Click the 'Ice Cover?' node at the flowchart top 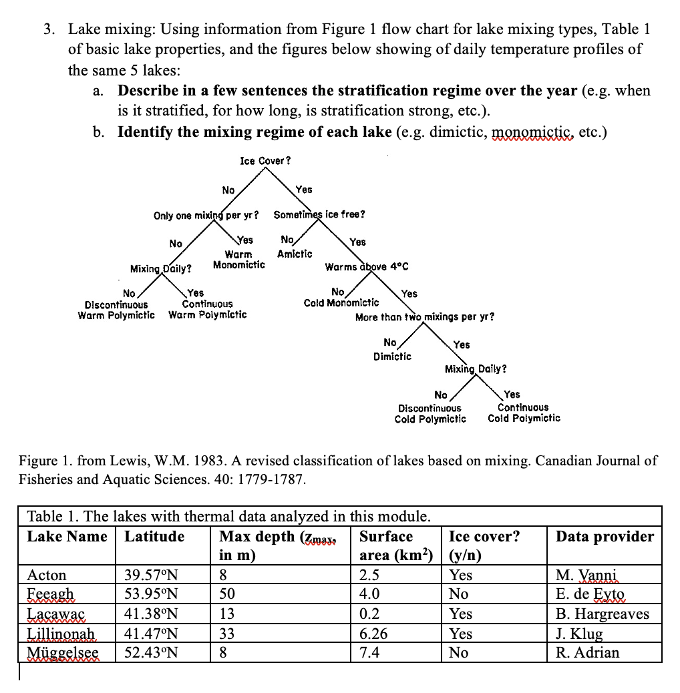(265, 161)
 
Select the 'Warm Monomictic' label (238, 260)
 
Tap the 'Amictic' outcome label (295, 254)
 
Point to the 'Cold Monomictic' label (341, 303)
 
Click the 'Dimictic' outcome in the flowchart (392, 357)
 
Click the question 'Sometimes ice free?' (319, 215)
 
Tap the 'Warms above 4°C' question (366, 267)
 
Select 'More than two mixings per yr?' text (425, 316)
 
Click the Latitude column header (154, 536)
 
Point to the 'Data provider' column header (605, 536)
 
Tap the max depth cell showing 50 (228, 594)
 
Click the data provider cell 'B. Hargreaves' (602, 614)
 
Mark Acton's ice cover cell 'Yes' (461, 575)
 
